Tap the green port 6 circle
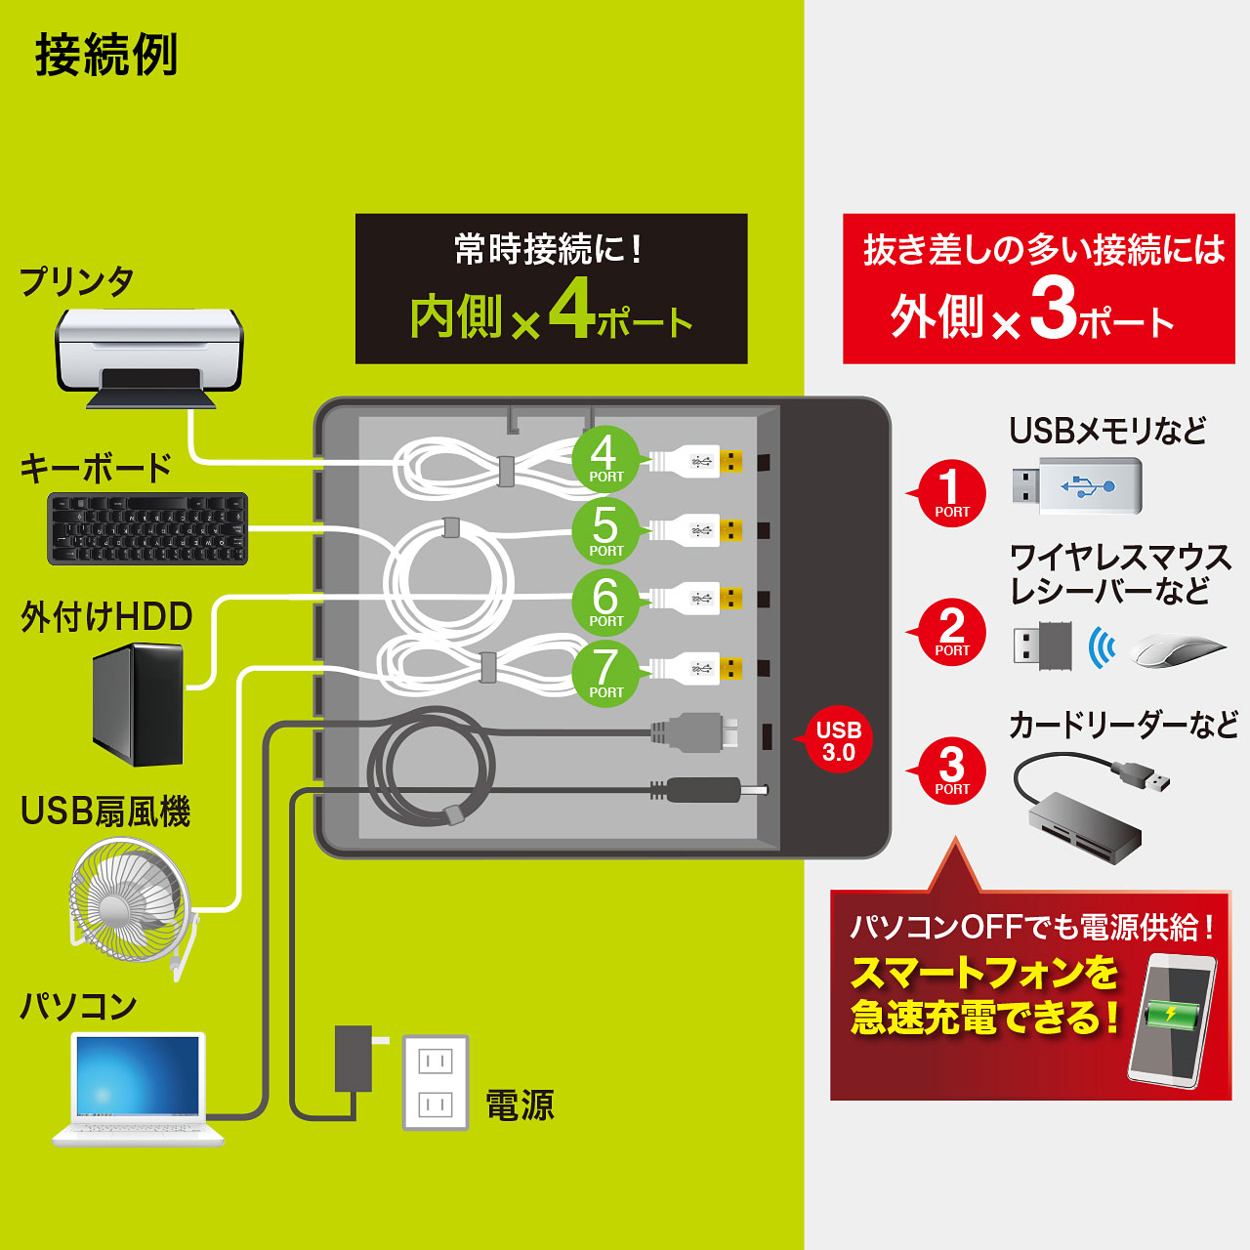605,603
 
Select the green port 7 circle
605,674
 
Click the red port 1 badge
950,493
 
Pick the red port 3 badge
950,771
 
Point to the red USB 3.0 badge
838,739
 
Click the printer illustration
149,358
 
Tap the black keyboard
147,528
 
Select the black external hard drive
138,704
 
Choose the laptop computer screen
138,1076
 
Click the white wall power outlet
436,1083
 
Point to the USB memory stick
1077,486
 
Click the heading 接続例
106,55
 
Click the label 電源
520,1105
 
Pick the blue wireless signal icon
1102,646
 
